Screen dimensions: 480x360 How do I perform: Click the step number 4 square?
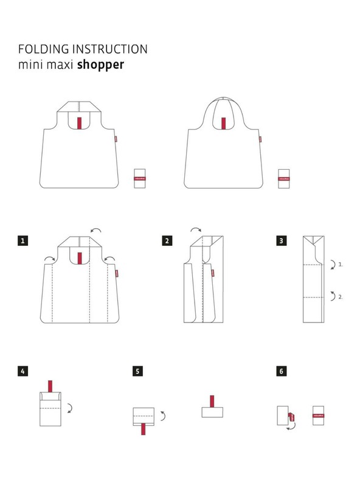coord(22,370)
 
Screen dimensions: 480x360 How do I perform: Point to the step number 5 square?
coord(138,370)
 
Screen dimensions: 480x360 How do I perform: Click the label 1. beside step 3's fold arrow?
coord(341,265)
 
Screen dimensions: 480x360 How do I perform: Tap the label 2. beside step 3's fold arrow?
coord(341,297)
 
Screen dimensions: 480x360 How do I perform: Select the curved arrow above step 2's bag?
coord(196,230)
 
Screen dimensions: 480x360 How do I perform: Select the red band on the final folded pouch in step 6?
coord(320,416)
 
